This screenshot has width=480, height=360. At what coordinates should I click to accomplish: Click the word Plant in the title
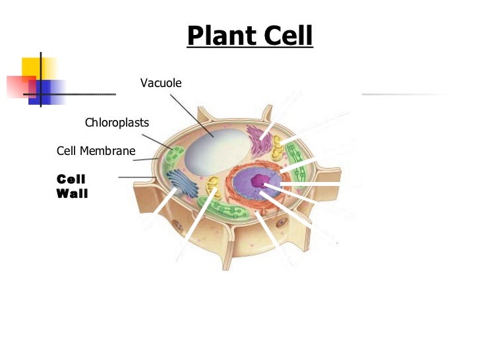tap(218, 36)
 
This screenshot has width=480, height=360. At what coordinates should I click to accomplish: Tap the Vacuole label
tap(160, 83)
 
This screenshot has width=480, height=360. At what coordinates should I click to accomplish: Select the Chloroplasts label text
tap(117, 123)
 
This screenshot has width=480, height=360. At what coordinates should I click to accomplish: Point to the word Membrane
tap(107, 151)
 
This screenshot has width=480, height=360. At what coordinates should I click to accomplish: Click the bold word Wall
tap(72, 194)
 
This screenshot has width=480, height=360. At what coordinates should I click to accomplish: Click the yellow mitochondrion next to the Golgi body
tap(212, 187)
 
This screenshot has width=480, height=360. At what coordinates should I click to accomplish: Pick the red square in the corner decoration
tap(20, 86)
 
